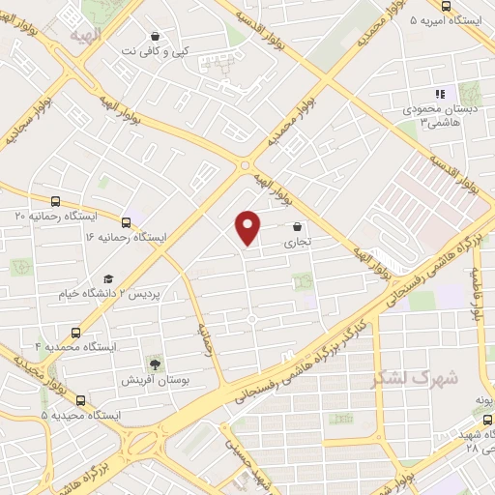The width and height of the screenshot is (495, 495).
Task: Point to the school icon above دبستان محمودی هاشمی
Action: click(x=440, y=94)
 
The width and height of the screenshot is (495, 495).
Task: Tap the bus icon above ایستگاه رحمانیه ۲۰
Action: click(x=55, y=201)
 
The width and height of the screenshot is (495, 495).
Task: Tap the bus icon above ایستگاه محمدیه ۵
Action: click(x=79, y=397)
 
